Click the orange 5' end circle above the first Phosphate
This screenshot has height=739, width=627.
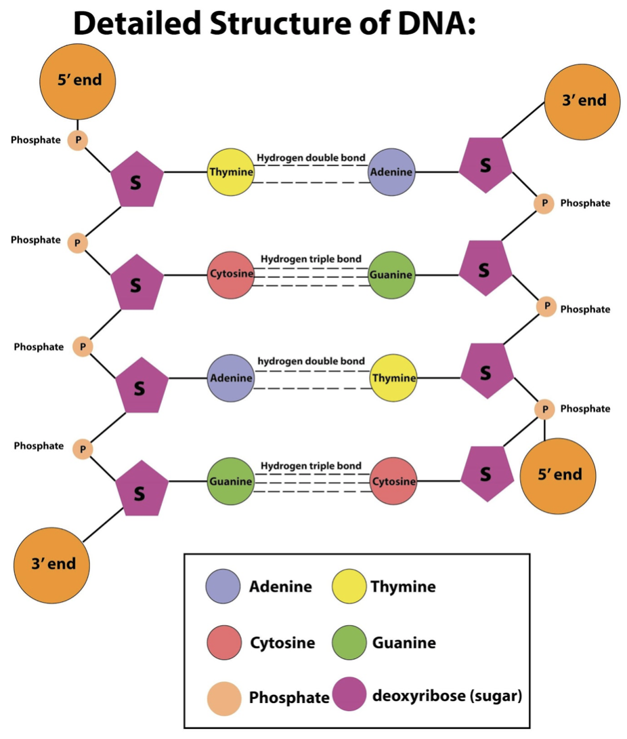[79, 81]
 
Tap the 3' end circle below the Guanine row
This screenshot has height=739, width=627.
[52, 564]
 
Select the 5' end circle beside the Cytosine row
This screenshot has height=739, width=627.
[558, 475]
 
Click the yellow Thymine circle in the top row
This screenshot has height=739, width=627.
[231, 172]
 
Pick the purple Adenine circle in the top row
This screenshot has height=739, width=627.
[391, 172]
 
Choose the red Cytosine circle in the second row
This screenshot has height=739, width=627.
[231, 275]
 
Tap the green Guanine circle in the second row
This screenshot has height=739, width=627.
[391, 275]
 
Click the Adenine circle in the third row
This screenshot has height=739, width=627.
[231, 378]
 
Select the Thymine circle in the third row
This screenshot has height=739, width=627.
[393, 378]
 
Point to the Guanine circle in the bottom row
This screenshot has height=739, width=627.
[231, 481]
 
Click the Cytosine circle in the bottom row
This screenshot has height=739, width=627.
[393, 481]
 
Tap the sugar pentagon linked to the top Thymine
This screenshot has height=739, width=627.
[137, 180]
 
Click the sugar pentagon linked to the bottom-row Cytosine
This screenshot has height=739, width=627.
[486, 474]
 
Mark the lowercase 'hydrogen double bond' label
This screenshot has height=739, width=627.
[311, 361]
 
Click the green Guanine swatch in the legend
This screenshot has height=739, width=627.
[350, 643]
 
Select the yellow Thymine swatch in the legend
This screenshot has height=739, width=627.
[350, 586]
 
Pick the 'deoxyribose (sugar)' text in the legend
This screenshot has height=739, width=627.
[447, 696]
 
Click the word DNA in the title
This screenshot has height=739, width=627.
[429, 24]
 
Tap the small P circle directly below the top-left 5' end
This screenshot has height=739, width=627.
[77, 140]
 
